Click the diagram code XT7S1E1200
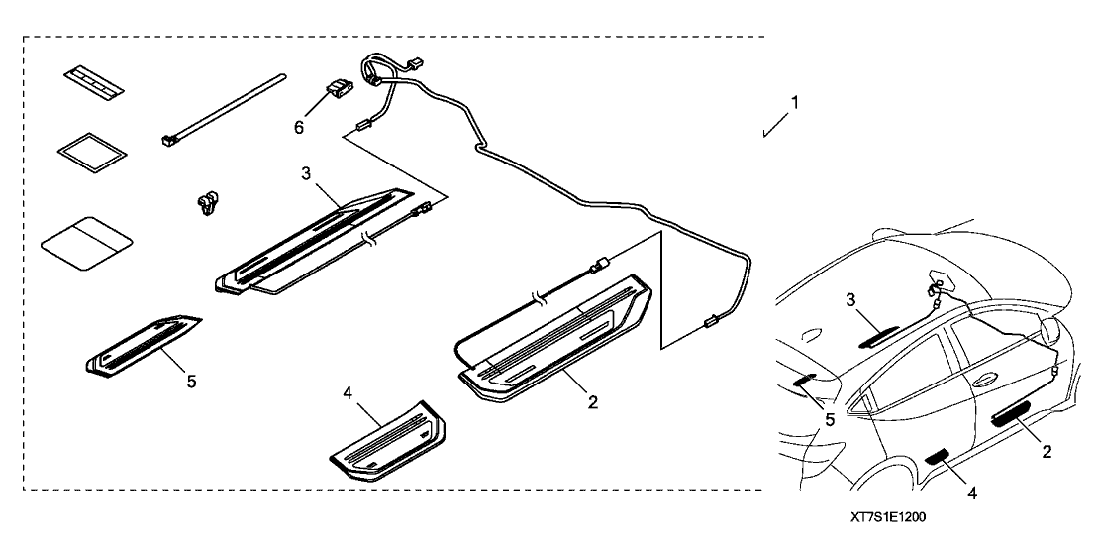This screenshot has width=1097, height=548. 888,517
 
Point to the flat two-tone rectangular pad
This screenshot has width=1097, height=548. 87,241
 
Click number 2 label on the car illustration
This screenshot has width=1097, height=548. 1046,450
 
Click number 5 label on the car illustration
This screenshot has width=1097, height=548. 830,419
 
